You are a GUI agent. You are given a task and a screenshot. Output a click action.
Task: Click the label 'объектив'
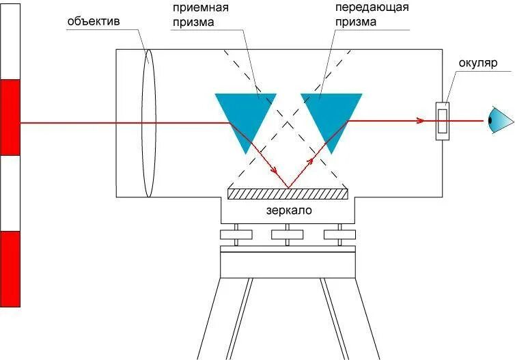94,21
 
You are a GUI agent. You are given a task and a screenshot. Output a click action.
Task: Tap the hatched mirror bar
288,194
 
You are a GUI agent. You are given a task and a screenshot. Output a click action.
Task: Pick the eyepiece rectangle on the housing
443,122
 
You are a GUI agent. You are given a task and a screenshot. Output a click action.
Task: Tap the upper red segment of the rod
11,117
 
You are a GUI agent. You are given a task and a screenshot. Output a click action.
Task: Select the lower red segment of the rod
11,268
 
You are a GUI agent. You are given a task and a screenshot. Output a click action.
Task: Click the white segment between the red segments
11,193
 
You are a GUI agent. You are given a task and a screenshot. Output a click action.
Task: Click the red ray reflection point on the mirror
288,187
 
